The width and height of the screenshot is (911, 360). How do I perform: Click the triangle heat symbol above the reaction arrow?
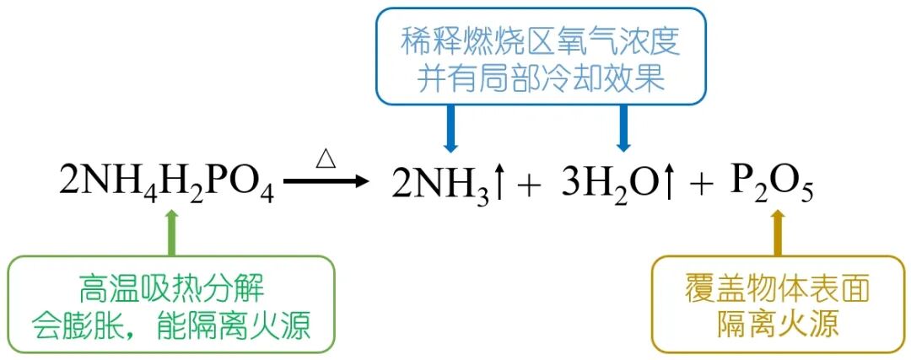[326, 158]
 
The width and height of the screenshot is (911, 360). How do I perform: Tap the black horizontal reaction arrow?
[326, 180]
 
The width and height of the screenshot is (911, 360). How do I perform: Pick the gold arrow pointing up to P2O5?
[778, 231]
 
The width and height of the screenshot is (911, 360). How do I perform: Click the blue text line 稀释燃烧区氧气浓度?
[541, 40]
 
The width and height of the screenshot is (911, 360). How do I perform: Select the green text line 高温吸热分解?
[172, 288]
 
